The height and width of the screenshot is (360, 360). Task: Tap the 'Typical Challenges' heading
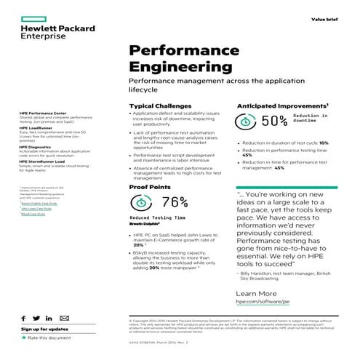pyautogui.click(x=161, y=106)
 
